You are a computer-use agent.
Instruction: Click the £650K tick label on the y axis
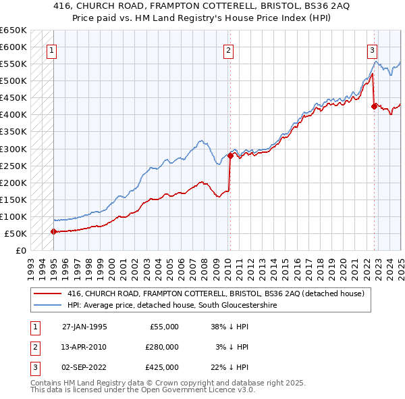coord(13,30)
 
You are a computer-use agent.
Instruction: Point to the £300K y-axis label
coord(13,149)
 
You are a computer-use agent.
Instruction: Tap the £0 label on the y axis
coord(21,251)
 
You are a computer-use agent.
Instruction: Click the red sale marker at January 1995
coord(53,231)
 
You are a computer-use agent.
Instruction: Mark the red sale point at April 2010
coord(230,156)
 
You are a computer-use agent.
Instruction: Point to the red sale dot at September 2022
coord(374,105)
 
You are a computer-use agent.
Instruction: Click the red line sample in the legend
coord(47,294)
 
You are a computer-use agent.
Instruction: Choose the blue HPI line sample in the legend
coord(47,305)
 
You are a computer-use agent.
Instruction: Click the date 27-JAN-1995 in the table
coord(84,327)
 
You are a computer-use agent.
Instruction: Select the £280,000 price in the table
coord(162,347)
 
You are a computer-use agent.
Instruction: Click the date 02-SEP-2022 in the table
coord(84,367)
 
